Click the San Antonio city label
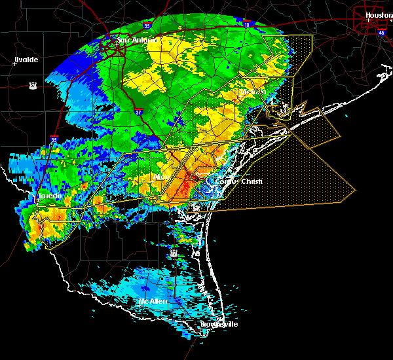(137, 41)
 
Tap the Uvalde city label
(26, 60)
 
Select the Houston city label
(378, 14)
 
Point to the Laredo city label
(48, 196)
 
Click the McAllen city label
(151, 302)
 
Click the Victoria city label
(252, 92)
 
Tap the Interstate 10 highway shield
(247, 24)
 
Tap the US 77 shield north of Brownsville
(173, 252)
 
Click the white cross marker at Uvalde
(14, 64)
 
